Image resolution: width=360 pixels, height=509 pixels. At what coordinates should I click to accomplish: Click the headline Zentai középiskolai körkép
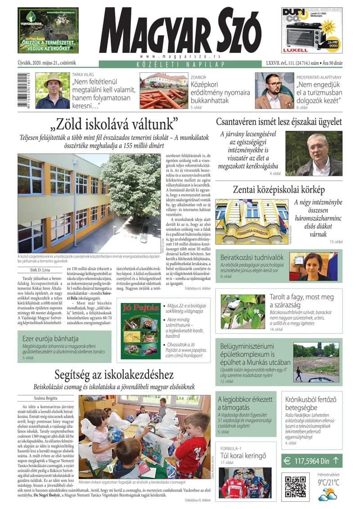279,189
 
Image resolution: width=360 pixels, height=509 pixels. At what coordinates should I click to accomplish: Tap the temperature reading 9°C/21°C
328,482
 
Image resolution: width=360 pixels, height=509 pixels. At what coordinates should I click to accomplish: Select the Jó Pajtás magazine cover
140,330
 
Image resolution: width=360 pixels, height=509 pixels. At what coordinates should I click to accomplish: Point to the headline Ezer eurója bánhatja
50,338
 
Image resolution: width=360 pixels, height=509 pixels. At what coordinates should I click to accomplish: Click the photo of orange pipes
163,90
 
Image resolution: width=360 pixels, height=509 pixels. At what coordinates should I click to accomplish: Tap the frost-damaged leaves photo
243,311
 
